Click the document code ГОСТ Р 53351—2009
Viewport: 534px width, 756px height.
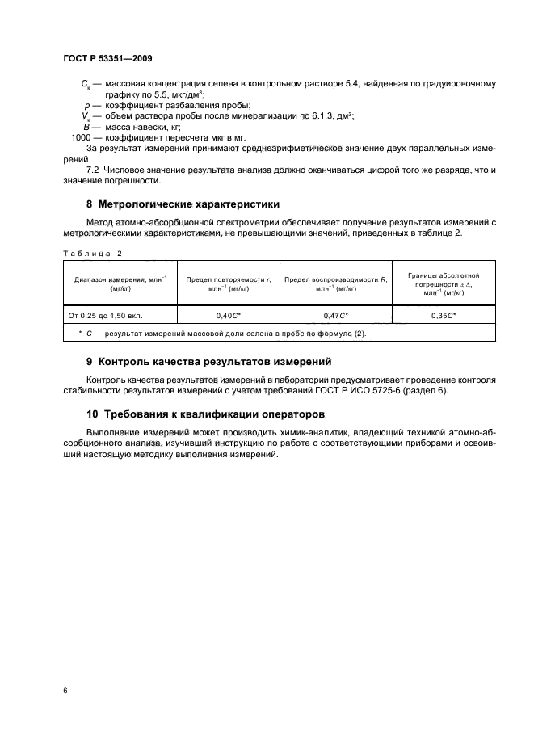pyautogui.click(x=107, y=59)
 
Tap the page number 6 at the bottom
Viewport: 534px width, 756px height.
pyautogui.click(x=65, y=691)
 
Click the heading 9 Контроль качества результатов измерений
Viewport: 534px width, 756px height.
pyautogui.click(x=208, y=361)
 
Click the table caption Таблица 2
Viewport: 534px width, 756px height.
pyautogui.click(x=92, y=253)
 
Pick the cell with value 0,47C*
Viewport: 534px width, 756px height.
pyautogui.click(x=335, y=315)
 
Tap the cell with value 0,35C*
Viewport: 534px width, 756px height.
pyautogui.click(x=443, y=315)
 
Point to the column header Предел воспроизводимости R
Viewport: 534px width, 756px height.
pyautogui.click(x=335, y=283)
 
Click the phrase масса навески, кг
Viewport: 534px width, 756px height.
pyautogui.click(x=141, y=127)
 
